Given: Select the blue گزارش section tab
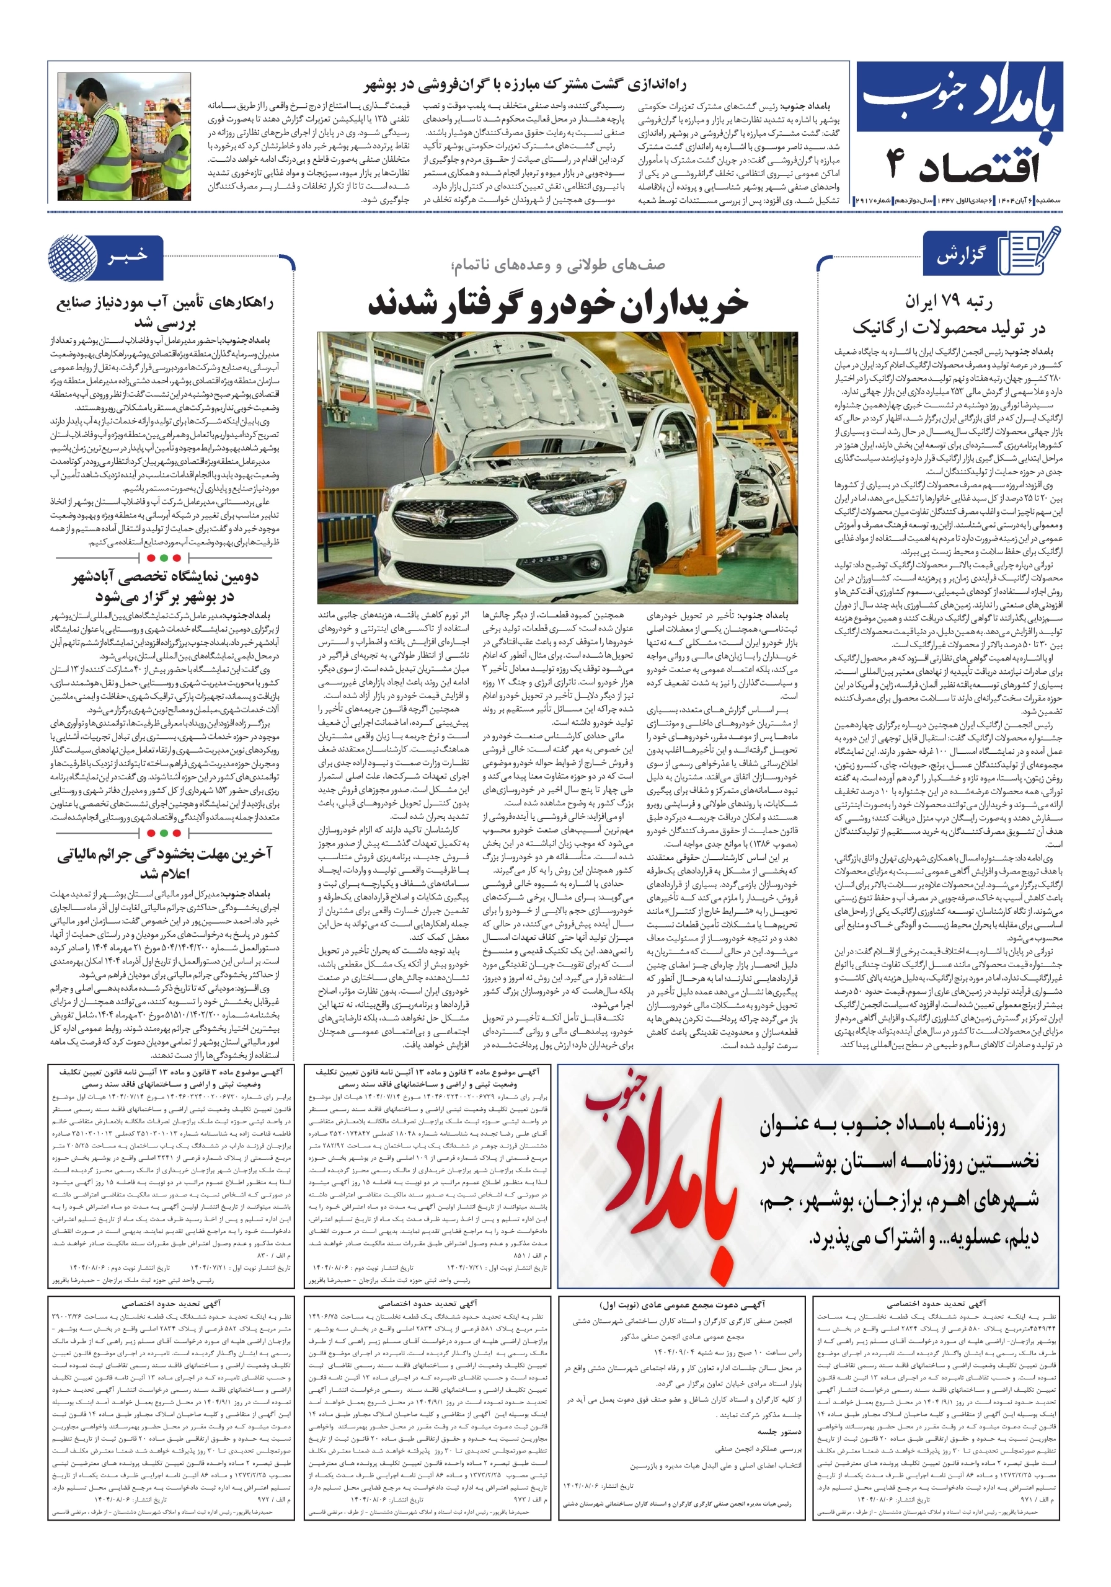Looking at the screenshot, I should [960, 256].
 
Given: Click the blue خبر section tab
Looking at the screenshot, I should [127, 257].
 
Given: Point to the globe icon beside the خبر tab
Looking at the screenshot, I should [73, 257].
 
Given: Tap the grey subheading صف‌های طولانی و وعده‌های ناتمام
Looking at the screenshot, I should [557, 265].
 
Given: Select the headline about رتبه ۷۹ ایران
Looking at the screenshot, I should [948, 314].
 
